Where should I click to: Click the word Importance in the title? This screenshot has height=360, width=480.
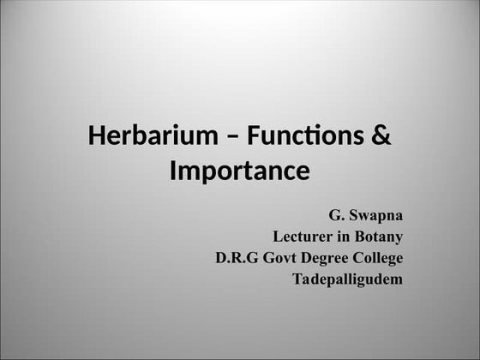239,171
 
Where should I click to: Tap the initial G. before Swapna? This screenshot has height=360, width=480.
337,213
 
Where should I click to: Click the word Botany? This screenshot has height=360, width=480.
379,236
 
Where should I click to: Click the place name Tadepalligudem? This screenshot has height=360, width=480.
347,279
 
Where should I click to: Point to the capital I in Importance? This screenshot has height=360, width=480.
174,171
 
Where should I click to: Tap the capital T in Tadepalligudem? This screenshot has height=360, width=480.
297,279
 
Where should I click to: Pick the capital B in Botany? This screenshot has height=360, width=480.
359,236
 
